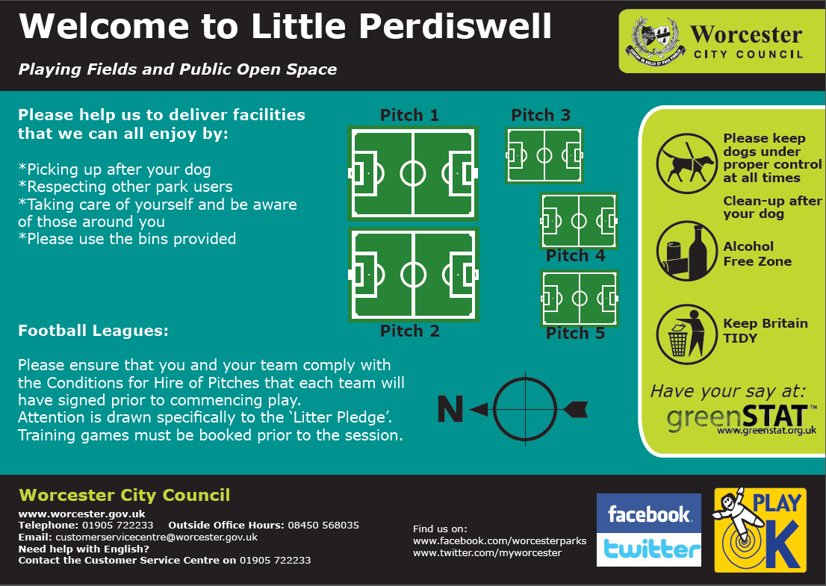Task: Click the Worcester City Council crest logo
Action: [x=655, y=40]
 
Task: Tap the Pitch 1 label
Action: [x=409, y=115]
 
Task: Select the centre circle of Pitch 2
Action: [x=413, y=274]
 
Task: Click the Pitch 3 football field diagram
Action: [x=544, y=155]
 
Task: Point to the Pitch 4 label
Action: [x=575, y=255]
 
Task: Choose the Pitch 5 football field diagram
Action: [x=580, y=299]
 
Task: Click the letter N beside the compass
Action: [x=450, y=409]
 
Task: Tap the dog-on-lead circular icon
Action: [x=687, y=163]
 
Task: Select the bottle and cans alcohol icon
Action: [x=687, y=251]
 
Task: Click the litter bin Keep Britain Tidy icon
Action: [x=687, y=334]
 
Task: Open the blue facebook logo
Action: [x=648, y=513]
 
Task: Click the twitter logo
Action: [x=648, y=549]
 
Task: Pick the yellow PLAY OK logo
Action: [x=760, y=530]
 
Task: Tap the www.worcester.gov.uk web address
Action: [x=81, y=514]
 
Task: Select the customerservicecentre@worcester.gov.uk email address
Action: [x=156, y=537]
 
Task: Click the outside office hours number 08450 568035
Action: [x=323, y=525]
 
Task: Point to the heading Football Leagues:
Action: [x=93, y=331]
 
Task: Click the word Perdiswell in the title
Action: [x=455, y=25]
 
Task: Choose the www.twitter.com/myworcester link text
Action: [x=487, y=553]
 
